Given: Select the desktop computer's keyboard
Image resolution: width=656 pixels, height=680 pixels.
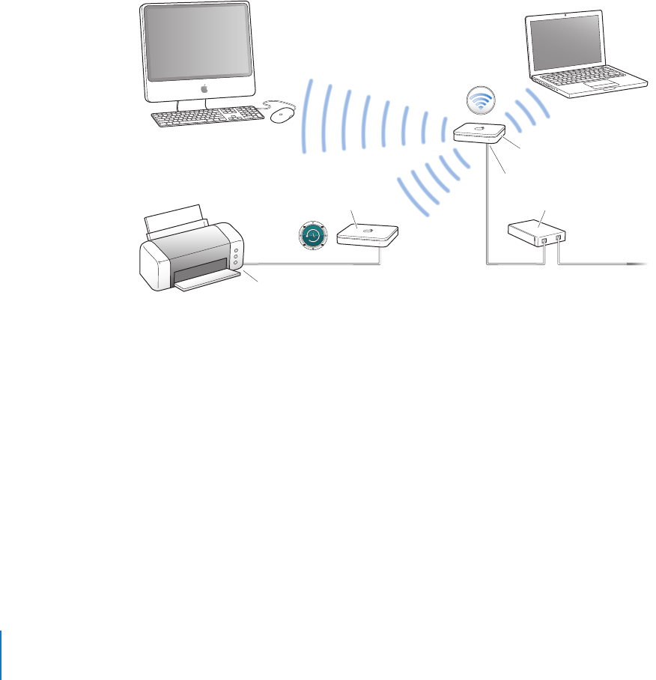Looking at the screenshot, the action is point(206,118).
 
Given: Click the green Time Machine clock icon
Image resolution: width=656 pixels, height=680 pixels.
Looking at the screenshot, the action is point(312,236).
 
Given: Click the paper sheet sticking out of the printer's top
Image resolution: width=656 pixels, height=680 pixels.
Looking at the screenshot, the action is point(178,217).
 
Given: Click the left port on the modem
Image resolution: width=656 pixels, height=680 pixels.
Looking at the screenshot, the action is point(544,240).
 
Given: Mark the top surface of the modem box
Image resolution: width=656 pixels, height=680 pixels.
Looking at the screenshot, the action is point(532,225).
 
